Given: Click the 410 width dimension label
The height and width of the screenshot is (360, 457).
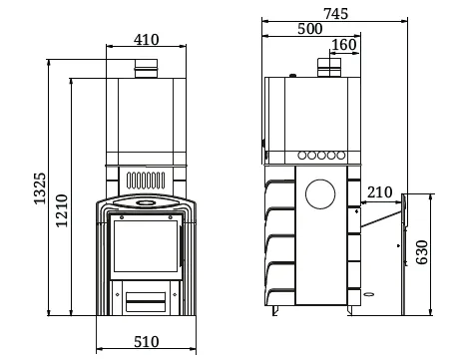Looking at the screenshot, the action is [x=146, y=40].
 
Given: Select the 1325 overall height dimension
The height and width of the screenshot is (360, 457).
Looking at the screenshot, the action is [x=40, y=188].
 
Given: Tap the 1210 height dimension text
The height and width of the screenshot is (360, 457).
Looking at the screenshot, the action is [x=62, y=210].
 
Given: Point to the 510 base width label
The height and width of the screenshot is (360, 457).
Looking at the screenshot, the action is [x=146, y=342].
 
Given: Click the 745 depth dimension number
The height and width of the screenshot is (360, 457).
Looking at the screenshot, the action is [x=335, y=14].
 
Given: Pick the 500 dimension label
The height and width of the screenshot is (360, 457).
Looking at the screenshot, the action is [x=309, y=29].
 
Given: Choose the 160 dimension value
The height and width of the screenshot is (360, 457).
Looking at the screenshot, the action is [x=344, y=45].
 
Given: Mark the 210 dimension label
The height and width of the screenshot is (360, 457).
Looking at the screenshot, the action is [x=380, y=192].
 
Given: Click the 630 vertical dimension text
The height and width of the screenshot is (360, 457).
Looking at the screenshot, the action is [x=422, y=252].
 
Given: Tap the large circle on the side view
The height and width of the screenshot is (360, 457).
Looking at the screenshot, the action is [x=320, y=194].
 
